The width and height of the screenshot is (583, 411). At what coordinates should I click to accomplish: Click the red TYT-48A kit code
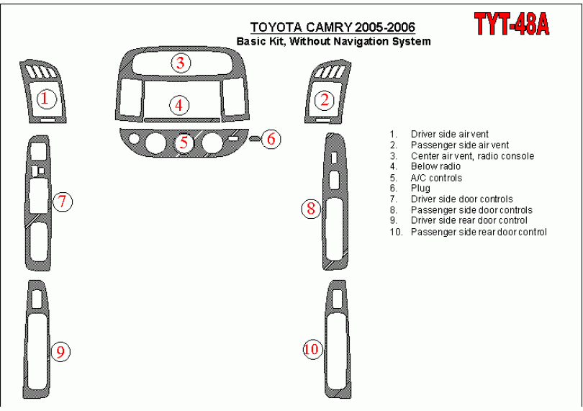coord(512,24)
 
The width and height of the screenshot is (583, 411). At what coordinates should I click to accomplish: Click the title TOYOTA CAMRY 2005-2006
coord(333,27)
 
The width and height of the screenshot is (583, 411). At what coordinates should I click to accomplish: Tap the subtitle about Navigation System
coord(334,41)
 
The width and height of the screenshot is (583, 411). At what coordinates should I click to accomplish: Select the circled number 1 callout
coord(46,99)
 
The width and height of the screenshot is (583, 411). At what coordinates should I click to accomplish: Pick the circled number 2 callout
coord(325,100)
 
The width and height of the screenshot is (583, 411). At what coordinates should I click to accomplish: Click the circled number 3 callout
coord(181,63)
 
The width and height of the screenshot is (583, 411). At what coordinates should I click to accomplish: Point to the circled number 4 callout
coord(179,105)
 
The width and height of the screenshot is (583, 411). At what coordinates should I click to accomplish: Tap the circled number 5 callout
coord(184,142)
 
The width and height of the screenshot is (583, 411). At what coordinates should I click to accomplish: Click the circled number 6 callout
coord(271,139)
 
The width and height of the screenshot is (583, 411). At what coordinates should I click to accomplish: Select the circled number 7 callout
coord(63,202)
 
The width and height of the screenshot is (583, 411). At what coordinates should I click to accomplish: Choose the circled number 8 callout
coord(311,208)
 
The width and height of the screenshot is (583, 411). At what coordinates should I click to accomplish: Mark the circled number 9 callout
coord(60,351)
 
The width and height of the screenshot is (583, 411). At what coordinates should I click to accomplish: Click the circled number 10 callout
coord(312,349)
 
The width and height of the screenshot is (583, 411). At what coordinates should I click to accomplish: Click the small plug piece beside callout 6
coord(254,139)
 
